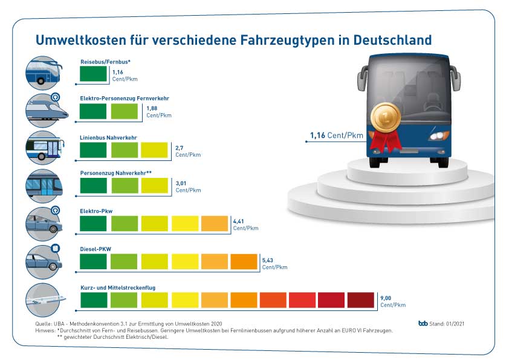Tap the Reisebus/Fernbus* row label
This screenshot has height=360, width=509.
[x=105, y=62]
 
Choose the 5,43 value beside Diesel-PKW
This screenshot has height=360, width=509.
[x=268, y=260]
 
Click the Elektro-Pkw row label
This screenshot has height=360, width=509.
[x=96, y=211]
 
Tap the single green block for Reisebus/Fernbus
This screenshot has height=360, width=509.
[x=93, y=74]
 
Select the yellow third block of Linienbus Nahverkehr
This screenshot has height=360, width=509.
[x=155, y=150]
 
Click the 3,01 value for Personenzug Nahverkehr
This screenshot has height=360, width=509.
[x=183, y=183]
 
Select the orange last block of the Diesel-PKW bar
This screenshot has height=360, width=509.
[x=244, y=261]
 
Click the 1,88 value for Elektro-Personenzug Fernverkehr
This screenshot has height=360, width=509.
[x=152, y=108]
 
